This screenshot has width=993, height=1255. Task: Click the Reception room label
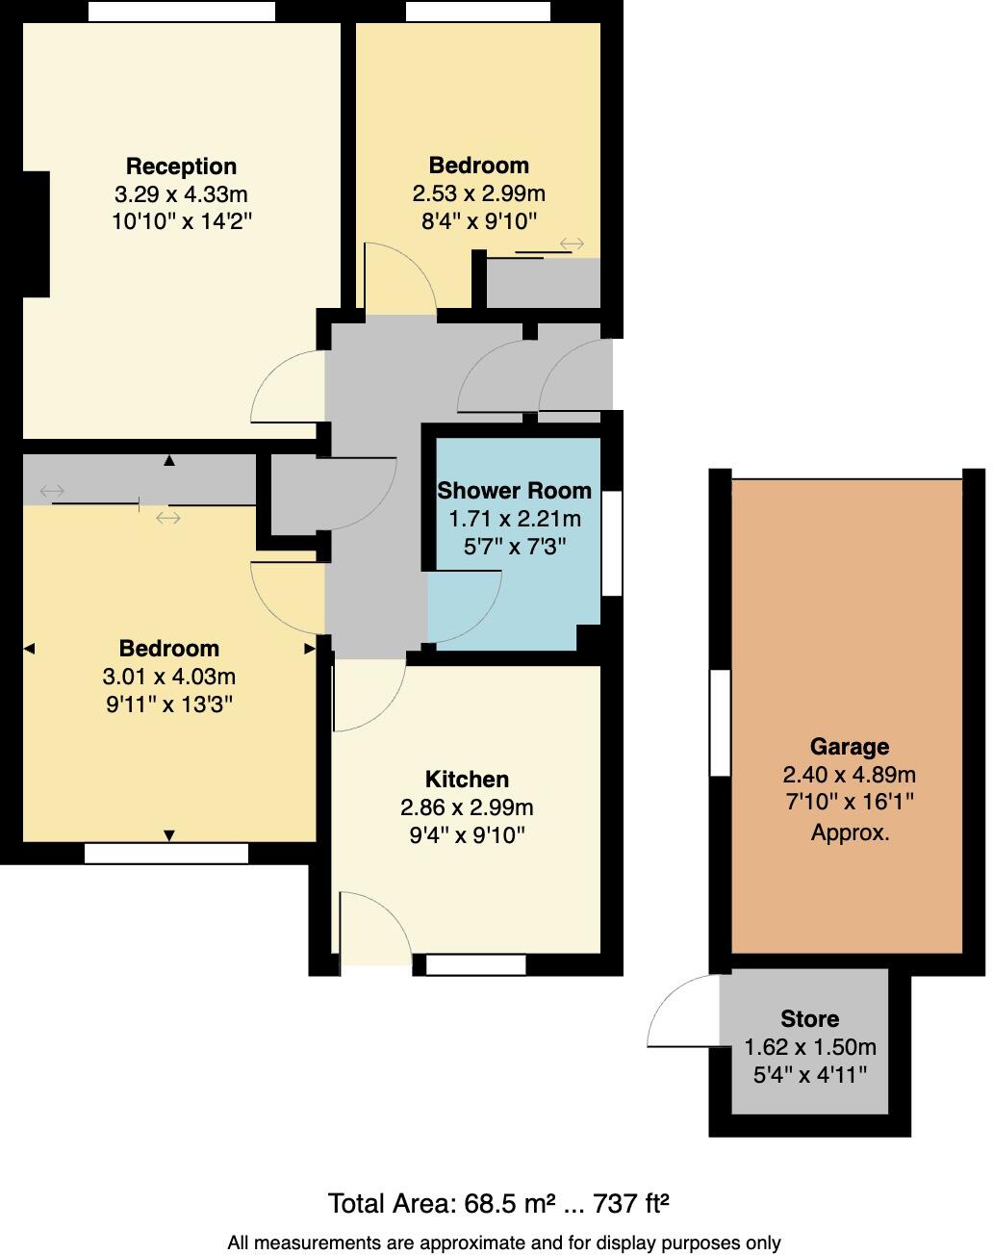[x=181, y=166]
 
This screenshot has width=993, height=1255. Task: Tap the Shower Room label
[x=514, y=491]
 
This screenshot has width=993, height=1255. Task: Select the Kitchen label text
[x=467, y=780]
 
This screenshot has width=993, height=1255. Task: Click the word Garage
[x=849, y=747]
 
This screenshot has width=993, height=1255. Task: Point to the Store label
[x=809, y=1019]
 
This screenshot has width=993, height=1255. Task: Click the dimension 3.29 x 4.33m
[x=181, y=194]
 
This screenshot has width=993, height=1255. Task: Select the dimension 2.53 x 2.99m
[x=478, y=193]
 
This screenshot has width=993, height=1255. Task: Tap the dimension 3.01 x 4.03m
[x=169, y=677]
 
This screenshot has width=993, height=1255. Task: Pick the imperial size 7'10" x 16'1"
[x=849, y=802]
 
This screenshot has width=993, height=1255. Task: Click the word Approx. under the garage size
[x=849, y=832]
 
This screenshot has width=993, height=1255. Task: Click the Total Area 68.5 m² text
[x=497, y=1203]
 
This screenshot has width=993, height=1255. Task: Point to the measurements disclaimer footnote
[x=503, y=1242]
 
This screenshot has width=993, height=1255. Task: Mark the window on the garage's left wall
[x=720, y=722]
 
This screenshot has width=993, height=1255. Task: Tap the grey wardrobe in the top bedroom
[x=543, y=283]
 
